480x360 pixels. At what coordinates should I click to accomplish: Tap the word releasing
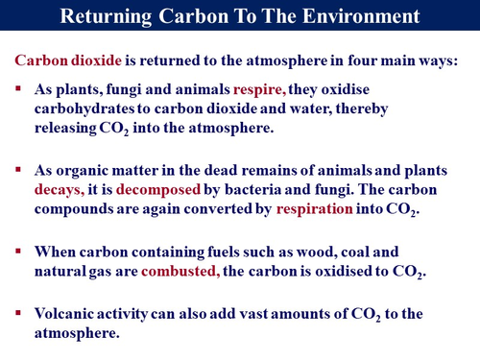pos(66,129)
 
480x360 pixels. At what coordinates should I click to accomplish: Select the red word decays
pos(60,190)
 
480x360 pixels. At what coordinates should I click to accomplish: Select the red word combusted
pos(180,272)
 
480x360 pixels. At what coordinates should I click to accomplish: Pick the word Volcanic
pos(68,314)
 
